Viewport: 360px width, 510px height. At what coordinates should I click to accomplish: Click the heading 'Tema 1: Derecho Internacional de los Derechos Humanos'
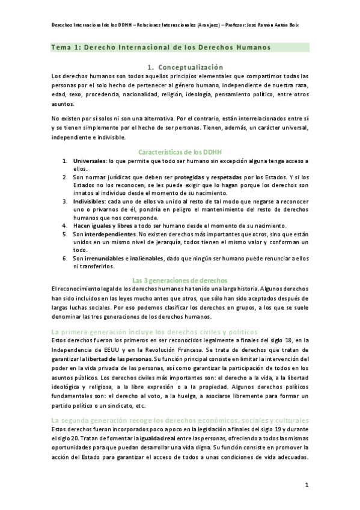[x=160, y=47]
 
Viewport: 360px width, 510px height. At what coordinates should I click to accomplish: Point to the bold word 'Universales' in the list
[x=90, y=162]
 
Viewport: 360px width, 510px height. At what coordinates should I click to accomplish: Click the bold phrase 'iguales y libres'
[x=110, y=225]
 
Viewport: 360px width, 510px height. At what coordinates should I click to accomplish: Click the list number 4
[x=65, y=225]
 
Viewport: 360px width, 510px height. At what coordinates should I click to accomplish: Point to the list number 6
[x=65, y=258]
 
